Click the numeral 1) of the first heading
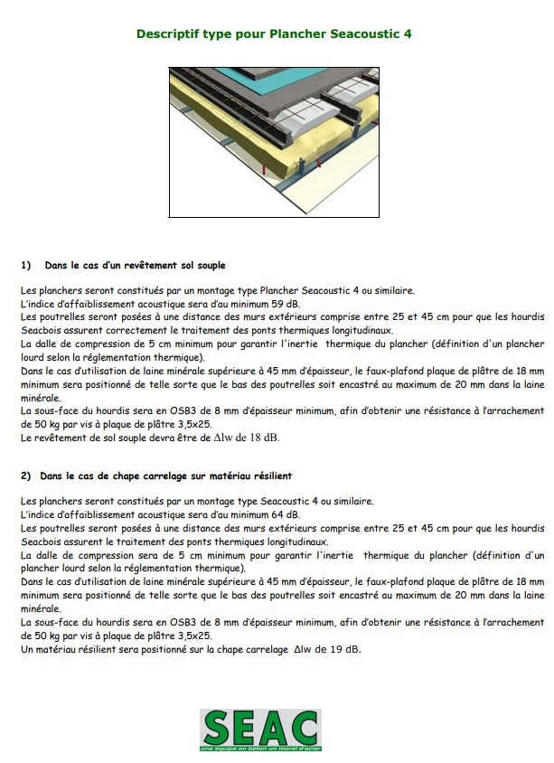25,266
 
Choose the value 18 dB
267,438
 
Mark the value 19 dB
347,649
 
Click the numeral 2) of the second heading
25,476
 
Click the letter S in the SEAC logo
220,728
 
